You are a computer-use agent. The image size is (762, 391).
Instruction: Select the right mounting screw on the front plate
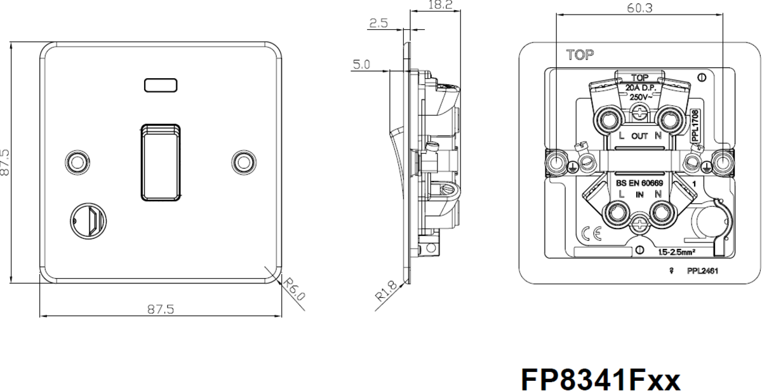pos(243,162)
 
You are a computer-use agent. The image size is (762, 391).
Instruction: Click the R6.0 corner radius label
pos(294,289)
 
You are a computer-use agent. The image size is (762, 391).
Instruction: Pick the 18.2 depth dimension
pos(439,5)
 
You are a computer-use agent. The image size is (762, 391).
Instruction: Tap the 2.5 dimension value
pos(378,24)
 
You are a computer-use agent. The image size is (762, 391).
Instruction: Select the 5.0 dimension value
pos(363,64)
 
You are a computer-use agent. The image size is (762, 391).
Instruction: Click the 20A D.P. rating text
pos(640,88)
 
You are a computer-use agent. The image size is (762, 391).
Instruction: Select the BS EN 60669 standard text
pos(640,183)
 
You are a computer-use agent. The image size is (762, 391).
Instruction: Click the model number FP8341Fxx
pos(601,378)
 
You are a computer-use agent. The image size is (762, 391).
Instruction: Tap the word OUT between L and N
pos(639,136)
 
